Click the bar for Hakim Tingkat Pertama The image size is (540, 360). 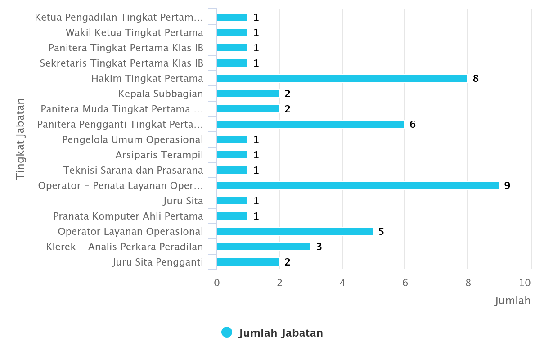click(x=342, y=78)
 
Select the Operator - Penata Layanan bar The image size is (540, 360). click(x=358, y=185)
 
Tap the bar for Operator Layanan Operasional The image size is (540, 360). click(x=295, y=231)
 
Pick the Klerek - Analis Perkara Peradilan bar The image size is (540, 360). click(x=264, y=247)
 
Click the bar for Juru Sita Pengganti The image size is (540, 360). click(x=248, y=262)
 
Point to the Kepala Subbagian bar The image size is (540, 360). click(x=248, y=94)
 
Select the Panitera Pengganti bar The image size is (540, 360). click(x=310, y=124)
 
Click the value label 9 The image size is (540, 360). click(x=507, y=185)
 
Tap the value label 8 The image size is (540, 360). click(x=476, y=78)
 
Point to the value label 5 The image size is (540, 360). click(x=381, y=231)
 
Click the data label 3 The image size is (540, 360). click(x=319, y=247)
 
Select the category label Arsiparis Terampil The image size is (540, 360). click(x=159, y=155)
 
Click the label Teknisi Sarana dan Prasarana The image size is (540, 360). click(x=133, y=170)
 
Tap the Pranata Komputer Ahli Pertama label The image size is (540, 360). click(x=128, y=216)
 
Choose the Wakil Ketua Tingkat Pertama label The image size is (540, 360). click(x=135, y=32)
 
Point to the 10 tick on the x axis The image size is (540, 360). click(x=525, y=283)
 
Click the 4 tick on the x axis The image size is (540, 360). click(x=342, y=283)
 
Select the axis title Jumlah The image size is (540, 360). click(x=513, y=300)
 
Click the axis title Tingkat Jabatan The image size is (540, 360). click(x=20, y=139)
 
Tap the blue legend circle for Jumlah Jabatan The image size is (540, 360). click(x=227, y=333)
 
